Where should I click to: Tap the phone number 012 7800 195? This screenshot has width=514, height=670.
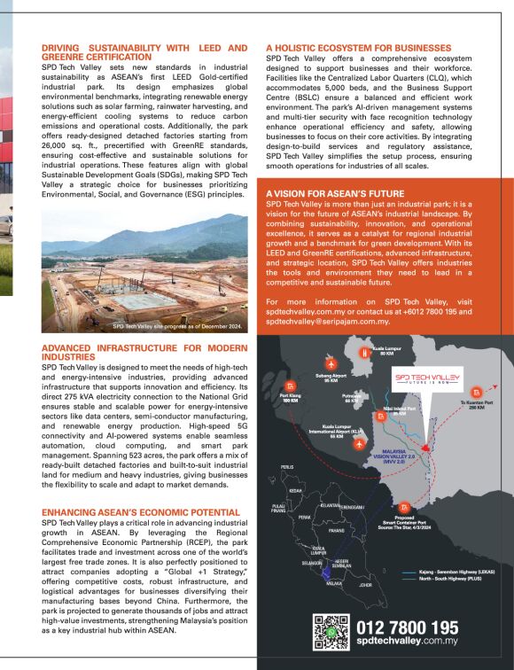(407, 627)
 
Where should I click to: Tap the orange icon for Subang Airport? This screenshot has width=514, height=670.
(330, 363)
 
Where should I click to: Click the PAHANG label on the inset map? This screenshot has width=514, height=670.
(336, 531)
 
